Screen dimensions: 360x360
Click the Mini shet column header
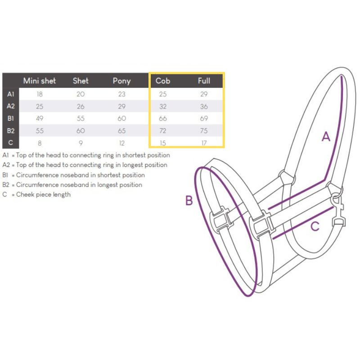[40, 81]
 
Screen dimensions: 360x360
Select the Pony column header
[121, 81]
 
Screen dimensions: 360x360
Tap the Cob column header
[163, 81]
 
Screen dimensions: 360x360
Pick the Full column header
[204, 81]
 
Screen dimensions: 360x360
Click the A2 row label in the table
[10, 106]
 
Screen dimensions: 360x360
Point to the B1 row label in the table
[10, 118]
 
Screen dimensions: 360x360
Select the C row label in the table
[10, 143]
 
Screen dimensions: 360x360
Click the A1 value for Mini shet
[40, 94]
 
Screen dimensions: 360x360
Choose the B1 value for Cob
[163, 118]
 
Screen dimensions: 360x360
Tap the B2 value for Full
[204, 130]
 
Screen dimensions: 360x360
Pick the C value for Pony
[121, 143]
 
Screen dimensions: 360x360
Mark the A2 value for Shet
[81, 106]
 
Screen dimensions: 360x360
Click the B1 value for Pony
[121, 118]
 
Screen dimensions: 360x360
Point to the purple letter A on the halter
[326, 137]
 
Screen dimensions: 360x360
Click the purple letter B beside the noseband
[189, 200]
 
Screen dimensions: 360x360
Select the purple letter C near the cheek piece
[315, 226]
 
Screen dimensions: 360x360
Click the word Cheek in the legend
[23, 194]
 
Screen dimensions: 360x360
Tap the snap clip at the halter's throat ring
[339, 210]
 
